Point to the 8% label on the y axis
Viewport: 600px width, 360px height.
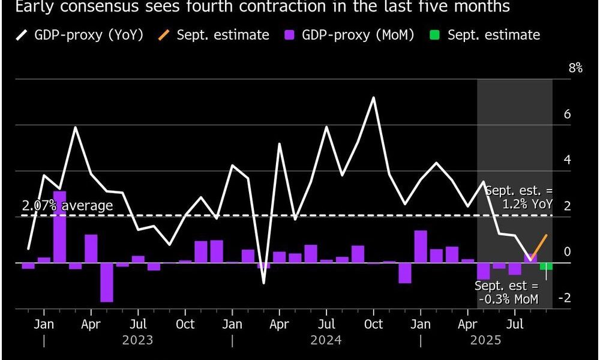point(575,68)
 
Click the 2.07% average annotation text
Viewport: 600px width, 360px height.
point(67,206)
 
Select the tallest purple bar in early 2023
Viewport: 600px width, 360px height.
point(59,227)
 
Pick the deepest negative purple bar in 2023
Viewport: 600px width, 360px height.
point(107,282)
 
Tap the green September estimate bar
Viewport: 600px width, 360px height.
point(546,266)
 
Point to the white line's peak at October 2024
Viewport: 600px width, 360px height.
point(374,97)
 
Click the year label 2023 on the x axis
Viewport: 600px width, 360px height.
point(137,340)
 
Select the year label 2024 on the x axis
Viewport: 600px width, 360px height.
point(326,340)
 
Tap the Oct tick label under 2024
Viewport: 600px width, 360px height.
point(373,324)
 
